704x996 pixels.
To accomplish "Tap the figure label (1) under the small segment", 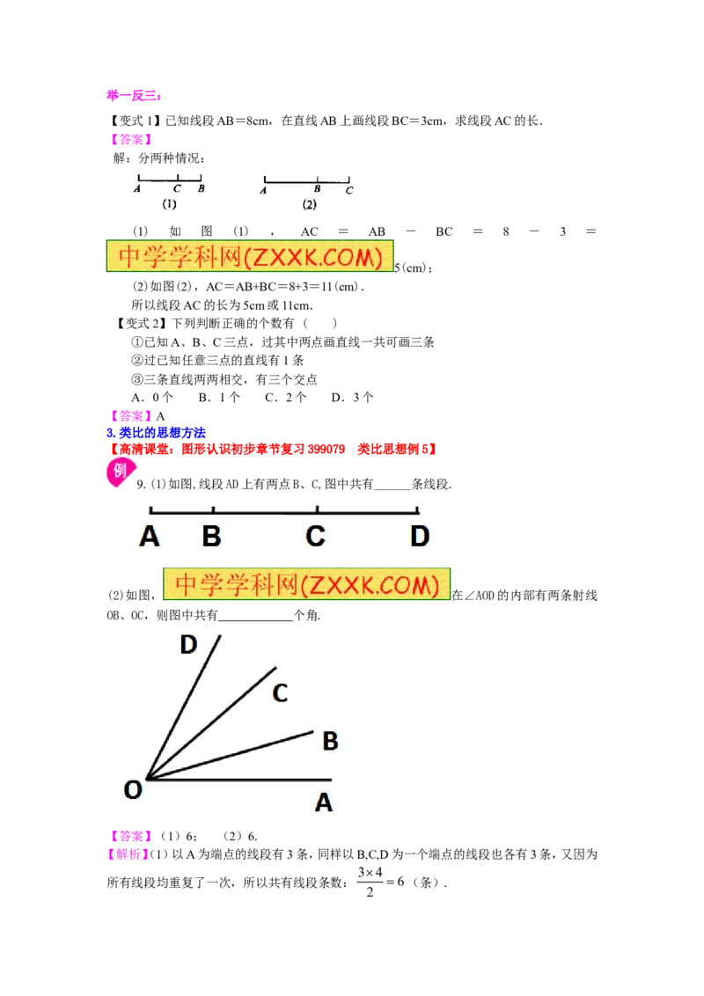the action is (169, 204).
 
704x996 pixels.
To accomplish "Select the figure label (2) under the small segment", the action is (310, 204).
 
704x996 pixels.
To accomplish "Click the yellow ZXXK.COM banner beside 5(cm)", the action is (250, 256).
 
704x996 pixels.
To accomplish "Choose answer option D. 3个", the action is (352, 398).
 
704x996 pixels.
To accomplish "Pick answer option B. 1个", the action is (219, 398).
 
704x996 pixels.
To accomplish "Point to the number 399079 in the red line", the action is (326, 450).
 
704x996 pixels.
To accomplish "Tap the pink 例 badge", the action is (120, 472).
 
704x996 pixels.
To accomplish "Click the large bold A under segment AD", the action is (150, 536).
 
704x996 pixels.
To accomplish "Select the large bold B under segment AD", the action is (211, 536).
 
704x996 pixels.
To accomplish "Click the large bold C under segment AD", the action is (316, 536).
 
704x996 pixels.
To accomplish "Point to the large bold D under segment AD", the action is (420, 536).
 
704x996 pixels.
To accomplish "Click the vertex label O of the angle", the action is (133, 790).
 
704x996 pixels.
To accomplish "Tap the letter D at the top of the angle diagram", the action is (188, 645).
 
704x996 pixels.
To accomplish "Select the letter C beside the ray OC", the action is (280, 693).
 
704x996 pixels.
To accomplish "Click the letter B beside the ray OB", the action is (330, 741).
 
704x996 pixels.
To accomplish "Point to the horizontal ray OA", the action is (238, 780).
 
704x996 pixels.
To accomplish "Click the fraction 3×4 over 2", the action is (370, 882).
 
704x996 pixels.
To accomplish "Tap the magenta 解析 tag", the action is (127, 855).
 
